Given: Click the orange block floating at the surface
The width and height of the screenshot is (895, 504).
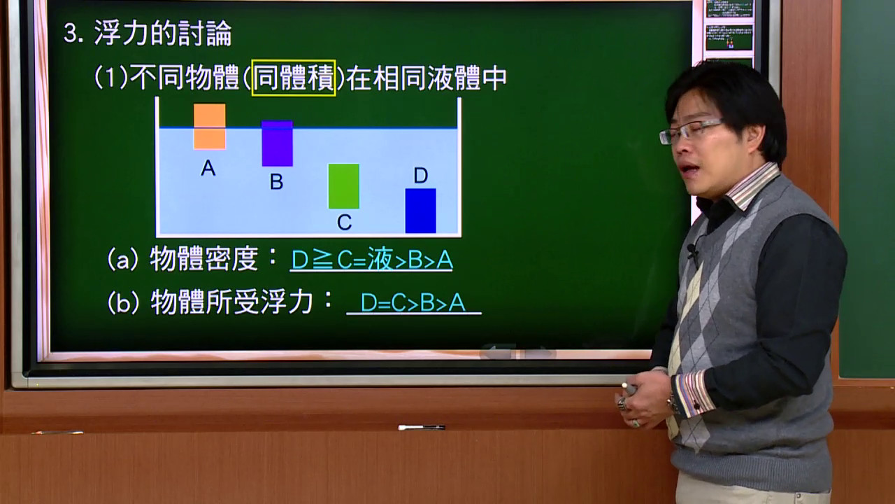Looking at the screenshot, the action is (209, 127).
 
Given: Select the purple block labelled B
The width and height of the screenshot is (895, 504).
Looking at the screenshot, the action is (278, 143).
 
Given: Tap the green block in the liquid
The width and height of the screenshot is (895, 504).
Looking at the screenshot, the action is (343, 186).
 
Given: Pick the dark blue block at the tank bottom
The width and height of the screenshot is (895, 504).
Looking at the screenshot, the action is (421, 211).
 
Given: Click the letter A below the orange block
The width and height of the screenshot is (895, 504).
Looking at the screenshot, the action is (208, 168).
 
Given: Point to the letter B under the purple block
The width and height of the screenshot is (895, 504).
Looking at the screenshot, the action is (276, 182).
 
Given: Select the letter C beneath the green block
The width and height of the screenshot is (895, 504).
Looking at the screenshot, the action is (345, 223).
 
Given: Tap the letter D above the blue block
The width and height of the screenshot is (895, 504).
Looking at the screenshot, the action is (421, 175).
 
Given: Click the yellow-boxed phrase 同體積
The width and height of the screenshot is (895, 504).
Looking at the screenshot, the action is (294, 78).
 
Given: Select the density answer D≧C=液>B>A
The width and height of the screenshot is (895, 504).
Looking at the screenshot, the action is (372, 260).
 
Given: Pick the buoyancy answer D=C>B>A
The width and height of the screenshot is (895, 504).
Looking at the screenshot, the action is (413, 302).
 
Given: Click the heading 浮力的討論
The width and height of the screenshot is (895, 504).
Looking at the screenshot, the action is (163, 33).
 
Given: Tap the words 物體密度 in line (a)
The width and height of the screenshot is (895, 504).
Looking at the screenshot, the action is (204, 259).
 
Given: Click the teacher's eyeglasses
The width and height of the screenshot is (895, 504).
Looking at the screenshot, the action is (690, 130).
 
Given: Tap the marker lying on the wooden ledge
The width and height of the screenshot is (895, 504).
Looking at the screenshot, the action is (422, 427).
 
